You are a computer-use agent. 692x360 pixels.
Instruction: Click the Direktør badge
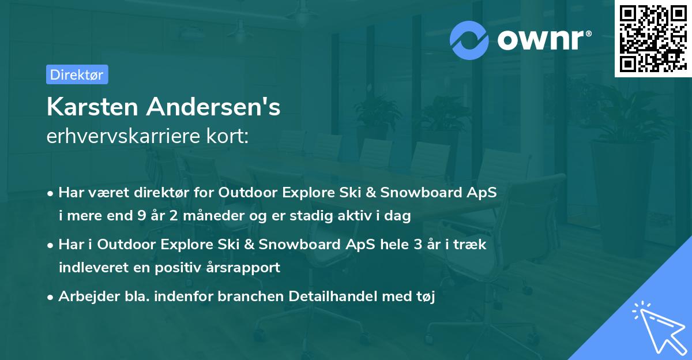point(77,74)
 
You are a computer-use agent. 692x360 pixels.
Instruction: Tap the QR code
point(652,39)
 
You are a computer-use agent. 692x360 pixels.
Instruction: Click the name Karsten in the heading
point(92,107)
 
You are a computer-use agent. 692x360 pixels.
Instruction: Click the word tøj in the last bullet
point(425,297)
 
